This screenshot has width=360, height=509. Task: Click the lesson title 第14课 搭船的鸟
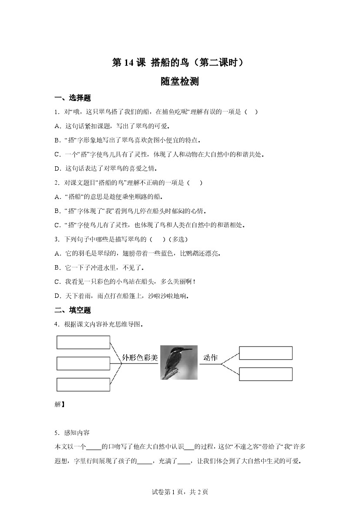pos(180,63)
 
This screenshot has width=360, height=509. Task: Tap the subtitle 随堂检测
pos(180,81)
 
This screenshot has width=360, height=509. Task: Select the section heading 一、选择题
pos(72,98)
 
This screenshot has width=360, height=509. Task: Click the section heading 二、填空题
pos(72,310)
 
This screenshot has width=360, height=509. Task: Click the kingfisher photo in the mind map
pos(178,362)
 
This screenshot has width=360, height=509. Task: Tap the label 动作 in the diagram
pos(210,358)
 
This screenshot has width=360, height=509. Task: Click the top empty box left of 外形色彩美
pos(83,342)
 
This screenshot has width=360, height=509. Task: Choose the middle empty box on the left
pos(83,363)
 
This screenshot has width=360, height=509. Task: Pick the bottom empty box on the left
pos(83,384)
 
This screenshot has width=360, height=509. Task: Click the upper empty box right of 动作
pos(266,353)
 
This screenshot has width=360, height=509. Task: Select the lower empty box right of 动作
pos(266,374)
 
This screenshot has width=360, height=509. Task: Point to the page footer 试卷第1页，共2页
pos(180,492)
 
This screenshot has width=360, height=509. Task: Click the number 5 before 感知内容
pos(57,432)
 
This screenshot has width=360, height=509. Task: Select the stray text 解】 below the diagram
pos(60,404)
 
